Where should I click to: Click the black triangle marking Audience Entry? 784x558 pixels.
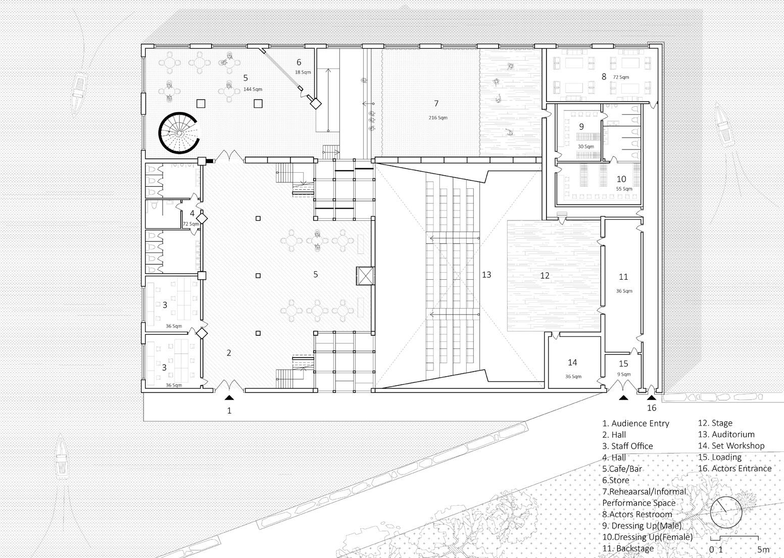coord(229,397)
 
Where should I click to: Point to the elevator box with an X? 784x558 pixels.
coord(365,276)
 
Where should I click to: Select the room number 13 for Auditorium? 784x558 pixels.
coord(486,275)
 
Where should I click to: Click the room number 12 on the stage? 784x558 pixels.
coord(545,276)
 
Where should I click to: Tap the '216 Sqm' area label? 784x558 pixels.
coord(438,118)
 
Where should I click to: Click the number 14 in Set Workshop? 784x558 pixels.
coord(572,363)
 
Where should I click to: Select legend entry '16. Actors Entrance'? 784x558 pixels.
coord(734,469)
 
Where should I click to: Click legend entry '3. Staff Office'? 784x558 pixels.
coord(627,446)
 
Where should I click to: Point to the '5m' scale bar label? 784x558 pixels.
coord(764,549)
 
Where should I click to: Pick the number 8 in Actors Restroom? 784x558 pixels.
coord(604,76)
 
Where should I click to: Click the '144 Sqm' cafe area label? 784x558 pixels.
coord(253,89)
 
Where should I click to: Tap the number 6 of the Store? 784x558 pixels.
coord(299,62)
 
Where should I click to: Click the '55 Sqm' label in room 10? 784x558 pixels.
coord(624,189)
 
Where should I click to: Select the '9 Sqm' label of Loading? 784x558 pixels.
coord(624,374)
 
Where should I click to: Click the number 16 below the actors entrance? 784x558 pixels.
coord(651,408)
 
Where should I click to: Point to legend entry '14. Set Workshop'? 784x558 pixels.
coord(731,446)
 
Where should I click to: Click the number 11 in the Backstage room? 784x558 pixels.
coord(623,277)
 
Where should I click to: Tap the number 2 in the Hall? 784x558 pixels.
coord(228,352)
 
